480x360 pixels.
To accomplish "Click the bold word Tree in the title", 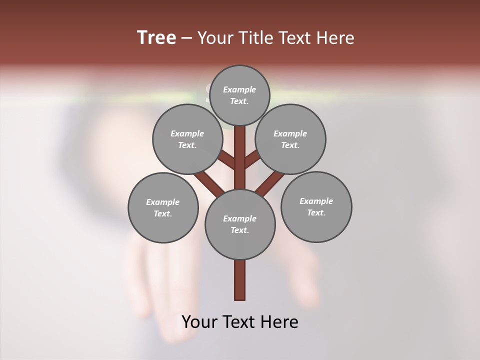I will tap(156, 37).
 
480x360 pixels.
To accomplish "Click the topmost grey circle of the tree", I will tap(239, 95).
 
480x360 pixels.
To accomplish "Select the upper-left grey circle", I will tap(187, 139).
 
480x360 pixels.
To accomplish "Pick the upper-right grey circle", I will tap(290, 139).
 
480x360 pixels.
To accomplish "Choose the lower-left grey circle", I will tap(163, 207).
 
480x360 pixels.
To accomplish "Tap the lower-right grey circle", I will tap(316, 206).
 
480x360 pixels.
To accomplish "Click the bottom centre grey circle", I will tap(240, 224).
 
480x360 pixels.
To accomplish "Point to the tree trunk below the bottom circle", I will tap(240, 280).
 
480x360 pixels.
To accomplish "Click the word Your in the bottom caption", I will tap(199, 322).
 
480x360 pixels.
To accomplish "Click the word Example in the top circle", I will tap(239, 89).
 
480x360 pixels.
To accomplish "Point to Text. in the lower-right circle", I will tap(316, 212).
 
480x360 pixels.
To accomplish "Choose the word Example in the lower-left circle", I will tap(163, 202).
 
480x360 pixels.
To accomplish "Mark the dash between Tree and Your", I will tap(187, 38).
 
